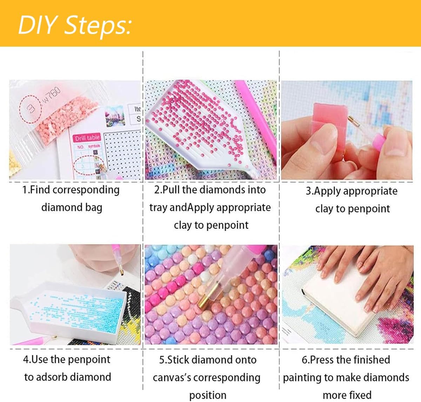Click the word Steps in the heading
(98, 26)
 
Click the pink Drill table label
(87, 138)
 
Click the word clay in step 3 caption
(324, 209)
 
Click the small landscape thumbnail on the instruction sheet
(115, 116)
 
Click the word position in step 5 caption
(208, 396)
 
